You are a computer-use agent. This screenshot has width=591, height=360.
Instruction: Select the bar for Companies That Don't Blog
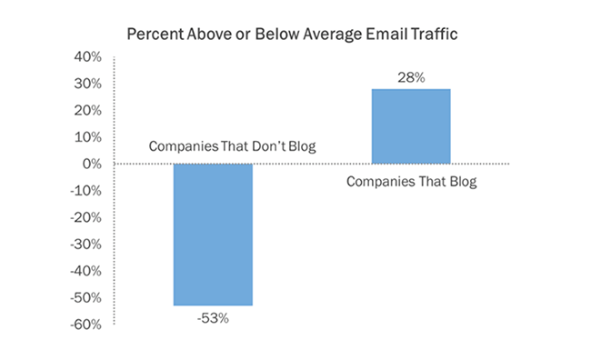click(x=213, y=235)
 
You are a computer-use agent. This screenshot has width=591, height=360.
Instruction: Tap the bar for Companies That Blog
click(x=411, y=126)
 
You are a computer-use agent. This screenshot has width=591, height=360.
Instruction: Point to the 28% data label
click(x=411, y=77)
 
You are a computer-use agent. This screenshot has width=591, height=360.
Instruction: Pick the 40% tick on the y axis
click(x=87, y=57)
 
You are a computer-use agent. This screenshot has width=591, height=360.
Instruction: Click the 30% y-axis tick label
click(x=87, y=84)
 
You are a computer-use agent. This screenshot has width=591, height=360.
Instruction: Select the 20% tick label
click(x=87, y=111)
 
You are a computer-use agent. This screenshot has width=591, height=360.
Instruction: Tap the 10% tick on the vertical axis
click(x=87, y=137)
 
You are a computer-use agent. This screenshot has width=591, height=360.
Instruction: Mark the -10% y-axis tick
click(x=85, y=191)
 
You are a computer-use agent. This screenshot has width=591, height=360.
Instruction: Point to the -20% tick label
click(x=85, y=217)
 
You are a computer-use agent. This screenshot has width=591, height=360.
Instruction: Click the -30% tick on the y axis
click(x=85, y=245)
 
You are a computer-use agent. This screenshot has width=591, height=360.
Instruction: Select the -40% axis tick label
click(x=85, y=271)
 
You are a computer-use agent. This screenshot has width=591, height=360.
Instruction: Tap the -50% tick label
click(x=85, y=297)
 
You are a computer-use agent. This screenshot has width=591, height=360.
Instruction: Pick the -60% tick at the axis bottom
click(x=85, y=325)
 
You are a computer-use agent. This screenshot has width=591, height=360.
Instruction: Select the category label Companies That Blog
click(x=411, y=181)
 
